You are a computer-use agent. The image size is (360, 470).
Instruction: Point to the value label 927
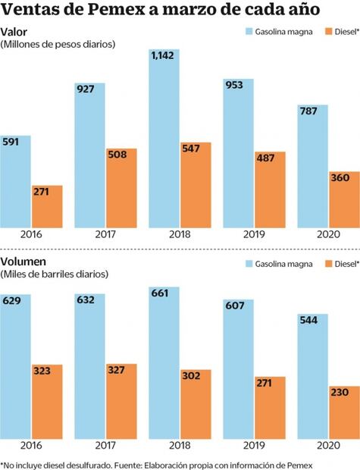pos(86,90)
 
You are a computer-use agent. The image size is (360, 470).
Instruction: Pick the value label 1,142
pos(163,56)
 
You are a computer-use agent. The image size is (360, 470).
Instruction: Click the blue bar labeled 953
pos(238,152)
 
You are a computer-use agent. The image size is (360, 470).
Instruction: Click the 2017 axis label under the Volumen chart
pos(105,446)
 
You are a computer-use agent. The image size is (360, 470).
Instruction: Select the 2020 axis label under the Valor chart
pos(313,235)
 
